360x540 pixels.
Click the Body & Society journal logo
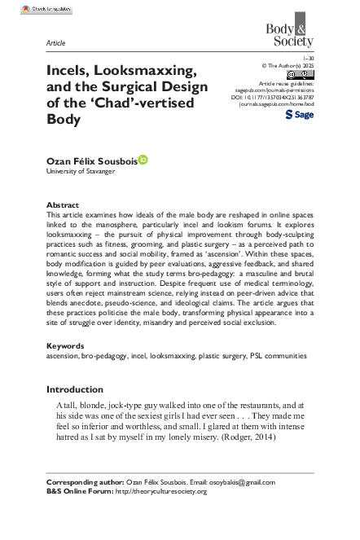point(291,33)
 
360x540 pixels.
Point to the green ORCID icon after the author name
point(143,160)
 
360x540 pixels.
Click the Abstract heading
point(64,206)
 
